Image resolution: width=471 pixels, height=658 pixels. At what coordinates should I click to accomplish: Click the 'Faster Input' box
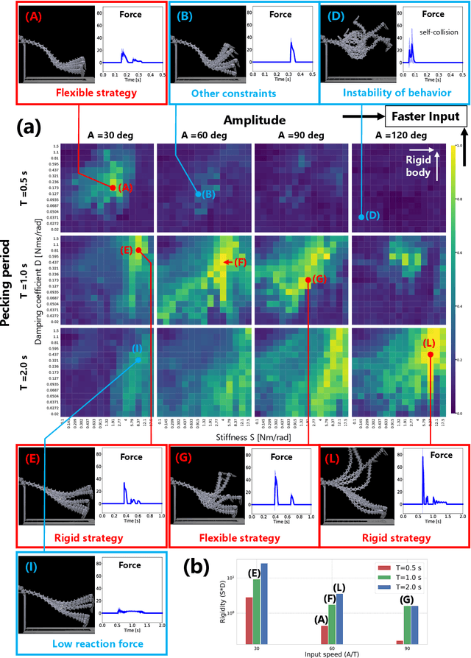(423, 116)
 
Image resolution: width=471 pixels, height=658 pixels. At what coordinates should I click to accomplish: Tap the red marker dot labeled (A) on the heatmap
(113, 188)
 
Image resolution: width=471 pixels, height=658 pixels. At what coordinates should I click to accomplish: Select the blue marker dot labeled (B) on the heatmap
(198, 194)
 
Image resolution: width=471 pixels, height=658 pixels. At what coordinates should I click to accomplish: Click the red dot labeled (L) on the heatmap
(431, 353)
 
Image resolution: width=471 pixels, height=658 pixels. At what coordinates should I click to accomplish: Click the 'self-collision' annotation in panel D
(439, 32)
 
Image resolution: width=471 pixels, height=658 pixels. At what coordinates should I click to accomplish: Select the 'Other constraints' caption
(244, 93)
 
